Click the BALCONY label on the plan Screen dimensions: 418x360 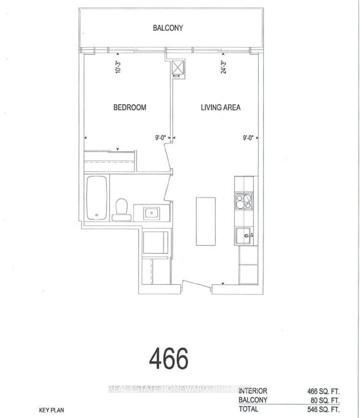tap(168, 28)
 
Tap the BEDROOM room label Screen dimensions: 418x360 tap(130, 107)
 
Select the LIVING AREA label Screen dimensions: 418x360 tap(220, 107)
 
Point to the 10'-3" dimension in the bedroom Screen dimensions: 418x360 tap(117, 68)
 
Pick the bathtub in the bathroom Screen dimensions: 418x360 tap(97, 198)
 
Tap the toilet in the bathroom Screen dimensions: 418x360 tap(122, 209)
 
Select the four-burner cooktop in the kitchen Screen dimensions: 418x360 tap(243, 200)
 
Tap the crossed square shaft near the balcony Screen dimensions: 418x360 tap(178, 68)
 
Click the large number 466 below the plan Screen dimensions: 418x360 tap(168, 358)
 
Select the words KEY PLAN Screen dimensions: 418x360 tap(51, 410)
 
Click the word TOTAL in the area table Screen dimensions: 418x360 tap(248, 409)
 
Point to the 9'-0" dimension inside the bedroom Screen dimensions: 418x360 tap(160, 138)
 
